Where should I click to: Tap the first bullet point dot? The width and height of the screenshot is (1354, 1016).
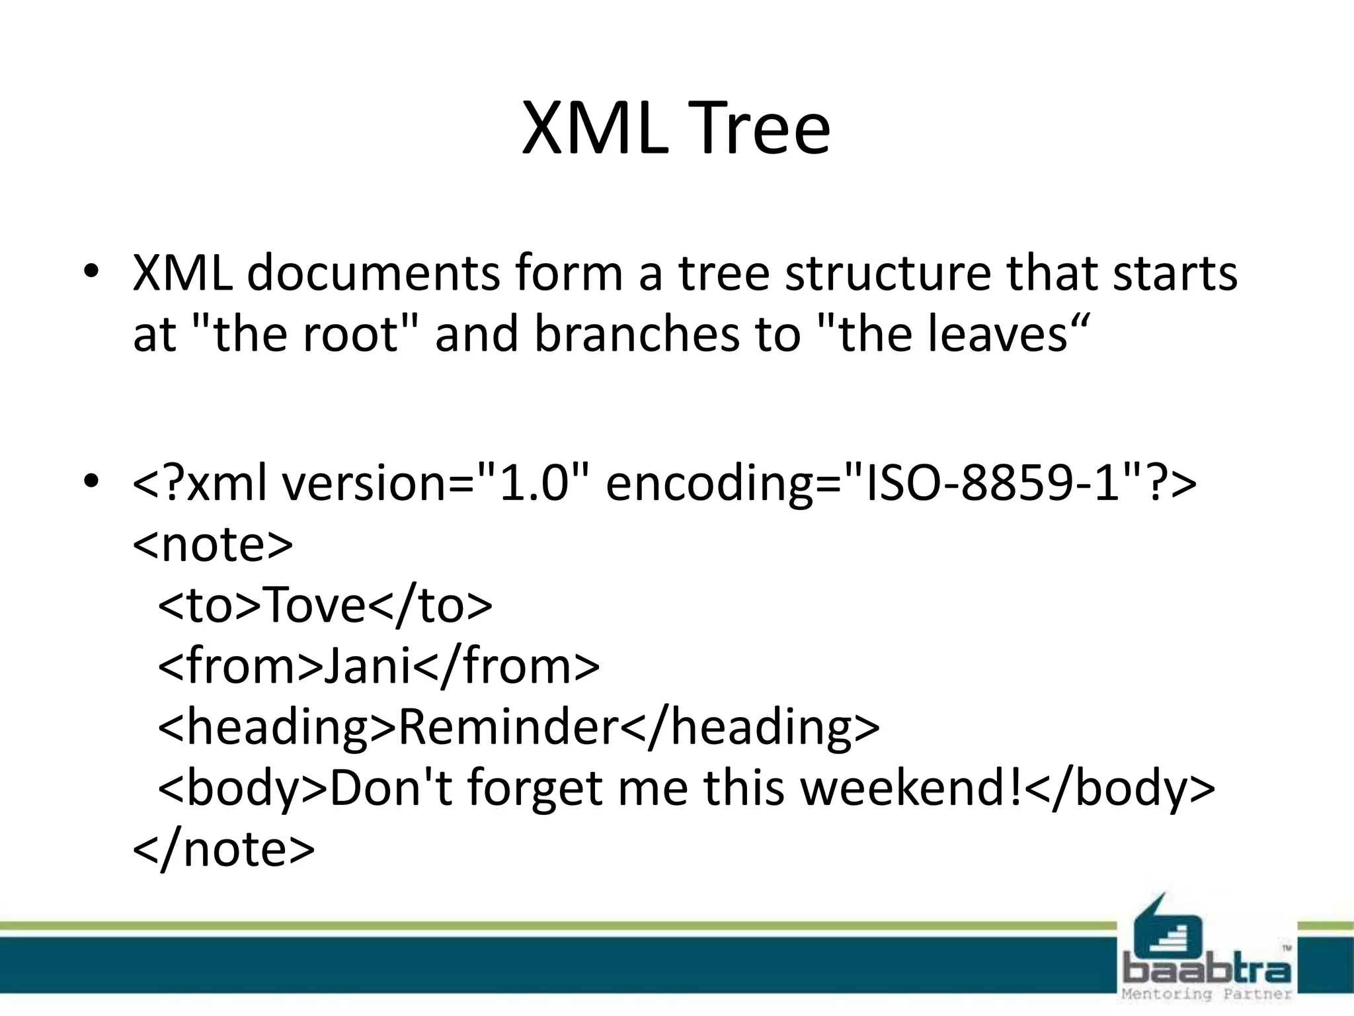click(x=91, y=272)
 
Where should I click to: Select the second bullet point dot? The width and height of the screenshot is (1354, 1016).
click(x=91, y=482)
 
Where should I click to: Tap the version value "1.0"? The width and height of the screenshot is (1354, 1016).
click(x=534, y=483)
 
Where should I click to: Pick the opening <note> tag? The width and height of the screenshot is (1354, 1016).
click(x=212, y=544)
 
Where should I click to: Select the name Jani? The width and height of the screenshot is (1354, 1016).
click(x=368, y=665)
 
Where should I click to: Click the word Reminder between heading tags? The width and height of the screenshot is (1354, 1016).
click(x=508, y=726)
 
